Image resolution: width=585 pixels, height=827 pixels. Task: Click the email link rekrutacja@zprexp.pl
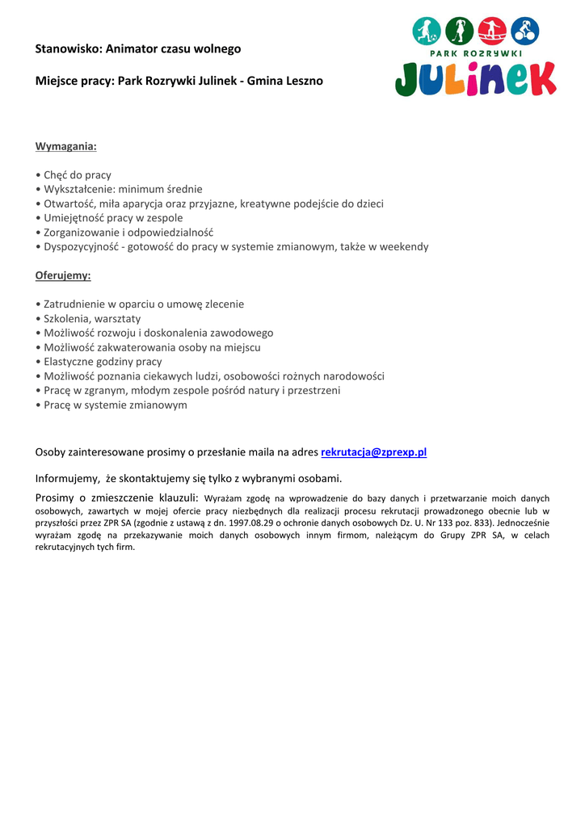pyautogui.click(x=373, y=452)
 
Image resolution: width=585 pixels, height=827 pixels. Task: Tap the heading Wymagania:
pyautogui.click(x=65, y=146)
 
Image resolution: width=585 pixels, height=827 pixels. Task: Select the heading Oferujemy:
pyautogui.click(x=63, y=275)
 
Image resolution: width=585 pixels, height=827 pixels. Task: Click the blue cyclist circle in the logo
pyautogui.click(x=525, y=31)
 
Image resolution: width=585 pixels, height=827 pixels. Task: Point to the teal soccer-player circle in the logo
pyautogui.click(x=426, y=31)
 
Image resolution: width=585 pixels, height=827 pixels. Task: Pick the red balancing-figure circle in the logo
pyautogui.click(x=492, y=31)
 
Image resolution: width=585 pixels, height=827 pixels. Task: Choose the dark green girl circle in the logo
pyautogui.click(x=459, y=31)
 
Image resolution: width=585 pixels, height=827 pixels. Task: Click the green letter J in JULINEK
pyautogui.click(x=410, y=80)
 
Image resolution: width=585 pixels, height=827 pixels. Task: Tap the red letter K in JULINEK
pyautogui.click(x=538, y=79)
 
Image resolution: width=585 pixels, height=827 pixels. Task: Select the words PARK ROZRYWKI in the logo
pyautogui.click(x=475, y=53)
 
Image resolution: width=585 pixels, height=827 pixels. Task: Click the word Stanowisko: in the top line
pyautogui.click(x=69, y=49)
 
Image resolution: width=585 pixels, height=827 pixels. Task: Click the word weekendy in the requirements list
pyautogui.click(x=403, y=246)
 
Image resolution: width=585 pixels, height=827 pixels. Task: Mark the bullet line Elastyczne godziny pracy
pyautogui.click(x=103, y=362)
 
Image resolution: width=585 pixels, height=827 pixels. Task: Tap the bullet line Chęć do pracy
pyautogui.click(x=78, y=174)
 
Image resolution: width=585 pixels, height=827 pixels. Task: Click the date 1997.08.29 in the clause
pyautogui.click(x=254, y=523)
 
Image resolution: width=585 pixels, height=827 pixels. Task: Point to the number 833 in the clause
pyautogui.click(x=477, y=523)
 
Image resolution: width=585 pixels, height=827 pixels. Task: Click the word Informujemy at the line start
pyautogui.click(x=67, y=477)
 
